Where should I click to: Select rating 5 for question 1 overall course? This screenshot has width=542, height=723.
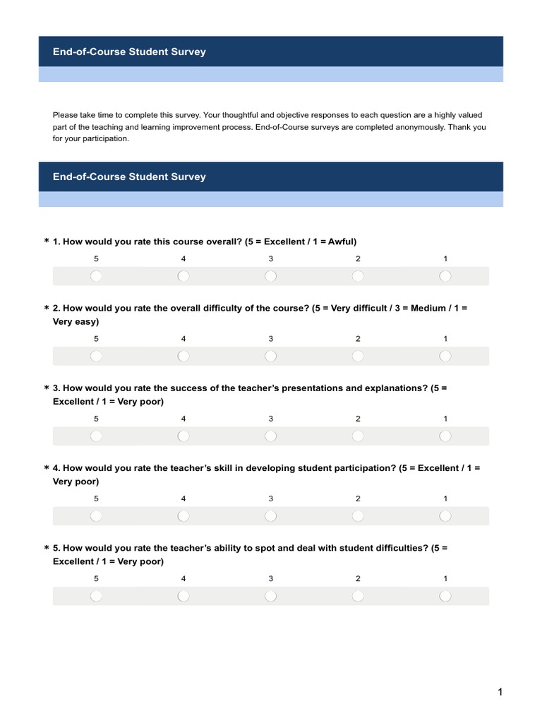click(96, 276)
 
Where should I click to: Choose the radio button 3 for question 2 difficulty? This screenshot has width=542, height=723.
click(270, 356)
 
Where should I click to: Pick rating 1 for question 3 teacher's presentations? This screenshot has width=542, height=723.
click(445, 436)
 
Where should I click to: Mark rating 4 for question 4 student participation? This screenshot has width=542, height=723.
click(183, 516)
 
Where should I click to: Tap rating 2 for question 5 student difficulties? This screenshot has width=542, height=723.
click(358, 596)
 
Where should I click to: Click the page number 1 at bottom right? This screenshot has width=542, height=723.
click(500, 692)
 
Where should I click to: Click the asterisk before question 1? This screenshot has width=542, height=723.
click(47, 242)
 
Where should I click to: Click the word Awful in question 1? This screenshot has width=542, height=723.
click(342, 241)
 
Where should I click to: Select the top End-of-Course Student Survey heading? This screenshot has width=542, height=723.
click(129, 52)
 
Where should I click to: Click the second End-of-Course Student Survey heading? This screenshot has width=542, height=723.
click(129, 177)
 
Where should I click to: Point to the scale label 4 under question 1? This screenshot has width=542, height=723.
click(183, 258)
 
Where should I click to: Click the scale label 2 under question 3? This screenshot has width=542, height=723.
click(358, 419)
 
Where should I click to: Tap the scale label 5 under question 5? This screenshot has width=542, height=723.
click(96, 578)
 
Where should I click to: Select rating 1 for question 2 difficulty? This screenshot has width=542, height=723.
click(445, 356)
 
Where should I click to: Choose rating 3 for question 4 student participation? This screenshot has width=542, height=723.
click(270, 516)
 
